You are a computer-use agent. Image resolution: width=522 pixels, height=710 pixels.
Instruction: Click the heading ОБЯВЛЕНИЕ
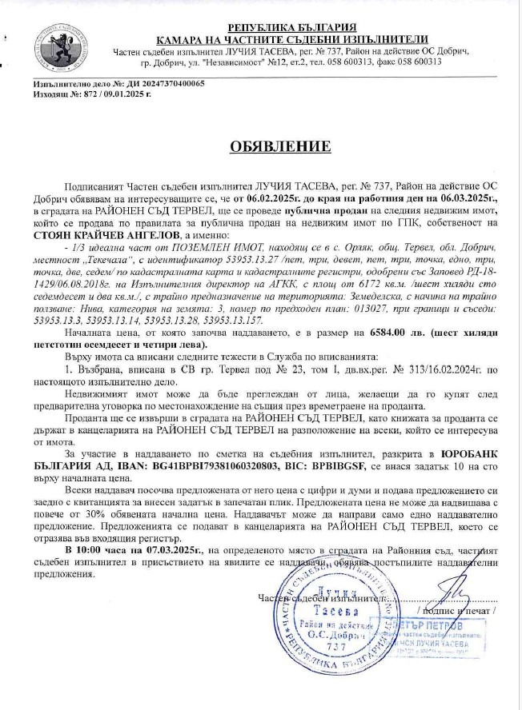coord(270,146)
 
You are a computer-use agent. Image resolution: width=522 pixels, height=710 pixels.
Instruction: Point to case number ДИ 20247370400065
coord(159,83)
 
